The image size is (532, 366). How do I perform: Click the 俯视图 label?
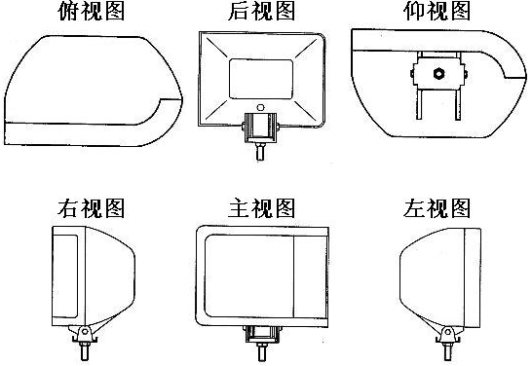click(92, 11)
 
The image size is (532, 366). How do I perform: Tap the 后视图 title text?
click(261, 11)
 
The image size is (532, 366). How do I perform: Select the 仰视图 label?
click(437, 11)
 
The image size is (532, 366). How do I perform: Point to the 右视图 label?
click(92, 207)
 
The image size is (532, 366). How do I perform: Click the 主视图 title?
click(261, 207)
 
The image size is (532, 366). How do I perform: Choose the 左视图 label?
click(437, 207)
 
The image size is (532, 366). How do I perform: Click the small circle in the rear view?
click(260, 107)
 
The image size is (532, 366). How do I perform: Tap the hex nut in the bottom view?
click(438, 73)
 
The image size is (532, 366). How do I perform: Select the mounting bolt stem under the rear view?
click(260, 151)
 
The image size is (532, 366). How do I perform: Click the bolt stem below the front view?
click(261, 351)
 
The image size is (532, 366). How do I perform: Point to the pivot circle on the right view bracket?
click(85, 331)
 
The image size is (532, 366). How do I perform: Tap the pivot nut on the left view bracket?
click(447, 331)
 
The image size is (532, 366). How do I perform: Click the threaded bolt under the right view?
click(85, 350)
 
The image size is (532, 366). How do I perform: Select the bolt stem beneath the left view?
click(447, 351)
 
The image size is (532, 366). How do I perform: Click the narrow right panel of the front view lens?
click(311, 276)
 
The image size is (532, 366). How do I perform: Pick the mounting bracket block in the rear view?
click(260, 128)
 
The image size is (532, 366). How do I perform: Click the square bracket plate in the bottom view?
click(438, 73)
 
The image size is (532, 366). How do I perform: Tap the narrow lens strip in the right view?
click(65, 276)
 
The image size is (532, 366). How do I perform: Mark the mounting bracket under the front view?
click(261, 335)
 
